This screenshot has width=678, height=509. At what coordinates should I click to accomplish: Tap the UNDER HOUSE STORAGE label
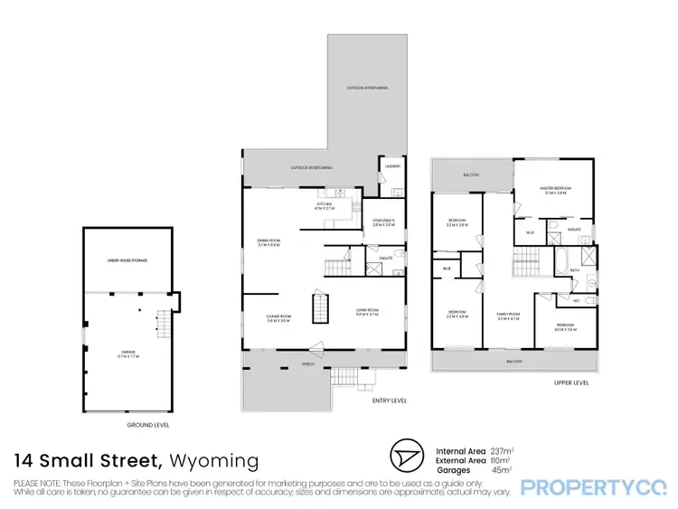click(127, 260)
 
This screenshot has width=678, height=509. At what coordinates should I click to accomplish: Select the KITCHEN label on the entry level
click(324, 206)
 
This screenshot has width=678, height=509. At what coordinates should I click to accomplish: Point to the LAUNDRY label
click(392, 167)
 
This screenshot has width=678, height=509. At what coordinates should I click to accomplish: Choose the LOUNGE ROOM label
click(278, 317)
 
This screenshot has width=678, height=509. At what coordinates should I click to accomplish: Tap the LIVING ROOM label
click(365, 312)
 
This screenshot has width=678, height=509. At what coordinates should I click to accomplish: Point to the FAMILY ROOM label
click(511, 316)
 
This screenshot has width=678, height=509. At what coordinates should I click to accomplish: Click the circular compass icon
click(405, 457)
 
